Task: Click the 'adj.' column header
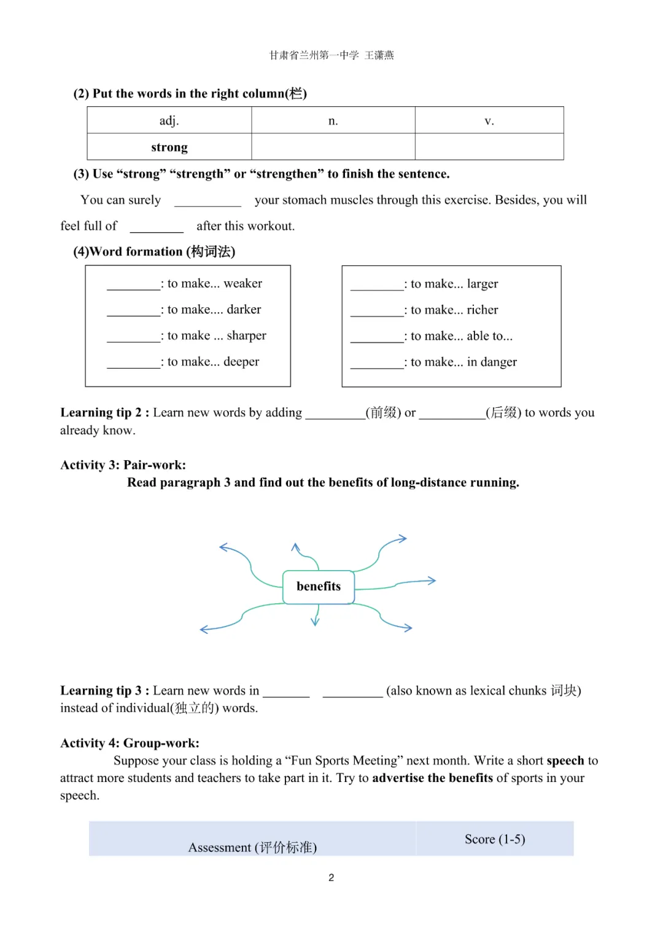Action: click(169, 120)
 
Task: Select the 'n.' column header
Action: click(333, 120)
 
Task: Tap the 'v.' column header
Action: click(489, 120)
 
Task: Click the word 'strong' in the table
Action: click(169, 147)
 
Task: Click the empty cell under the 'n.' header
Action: click(333, 147)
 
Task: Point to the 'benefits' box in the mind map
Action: click(319, 587)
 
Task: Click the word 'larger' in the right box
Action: click(482, 284)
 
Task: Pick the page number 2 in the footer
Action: click(331, 878)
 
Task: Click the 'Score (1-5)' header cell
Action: click(495, 839)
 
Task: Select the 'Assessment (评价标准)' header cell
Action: click(252, 847)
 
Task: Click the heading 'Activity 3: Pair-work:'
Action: click(123, 465)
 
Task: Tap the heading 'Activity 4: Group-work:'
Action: click(130, 743)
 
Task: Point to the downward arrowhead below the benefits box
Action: click(315, 622)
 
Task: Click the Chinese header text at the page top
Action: click(331, 55)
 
